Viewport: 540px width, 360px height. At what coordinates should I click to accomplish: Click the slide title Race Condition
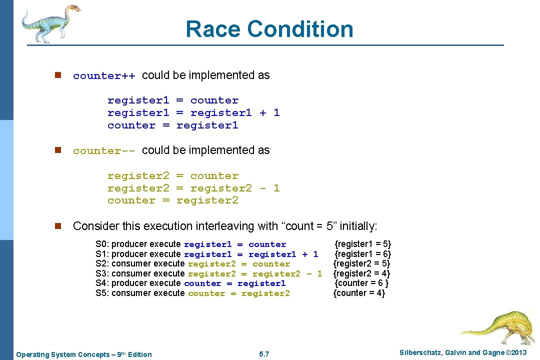coord(269,29)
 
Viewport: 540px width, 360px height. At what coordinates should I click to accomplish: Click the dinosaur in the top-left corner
coord(50,22)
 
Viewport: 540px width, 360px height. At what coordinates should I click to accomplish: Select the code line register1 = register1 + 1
coord(193,113)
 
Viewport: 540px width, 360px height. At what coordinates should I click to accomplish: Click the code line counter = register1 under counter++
coord(172,125)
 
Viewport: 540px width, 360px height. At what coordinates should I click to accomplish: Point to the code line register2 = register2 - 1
coord(193,188)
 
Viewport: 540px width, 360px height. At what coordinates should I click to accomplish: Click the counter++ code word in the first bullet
coord(104,76)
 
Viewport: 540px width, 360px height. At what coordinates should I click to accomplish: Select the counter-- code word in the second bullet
coord(104,151)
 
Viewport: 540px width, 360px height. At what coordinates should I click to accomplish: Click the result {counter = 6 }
coord(361,283)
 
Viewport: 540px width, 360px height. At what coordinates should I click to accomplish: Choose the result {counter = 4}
coord(359,293)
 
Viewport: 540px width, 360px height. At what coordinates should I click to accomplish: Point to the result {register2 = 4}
coord(361,273)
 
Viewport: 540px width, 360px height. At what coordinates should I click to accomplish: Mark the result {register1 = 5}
coord(362,244)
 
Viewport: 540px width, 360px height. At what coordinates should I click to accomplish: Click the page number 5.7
coord(264,354)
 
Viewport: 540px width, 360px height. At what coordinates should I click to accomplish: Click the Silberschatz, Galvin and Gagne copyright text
coord(463,353)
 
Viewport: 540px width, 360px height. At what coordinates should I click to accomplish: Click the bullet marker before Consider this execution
coord(57,226)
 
